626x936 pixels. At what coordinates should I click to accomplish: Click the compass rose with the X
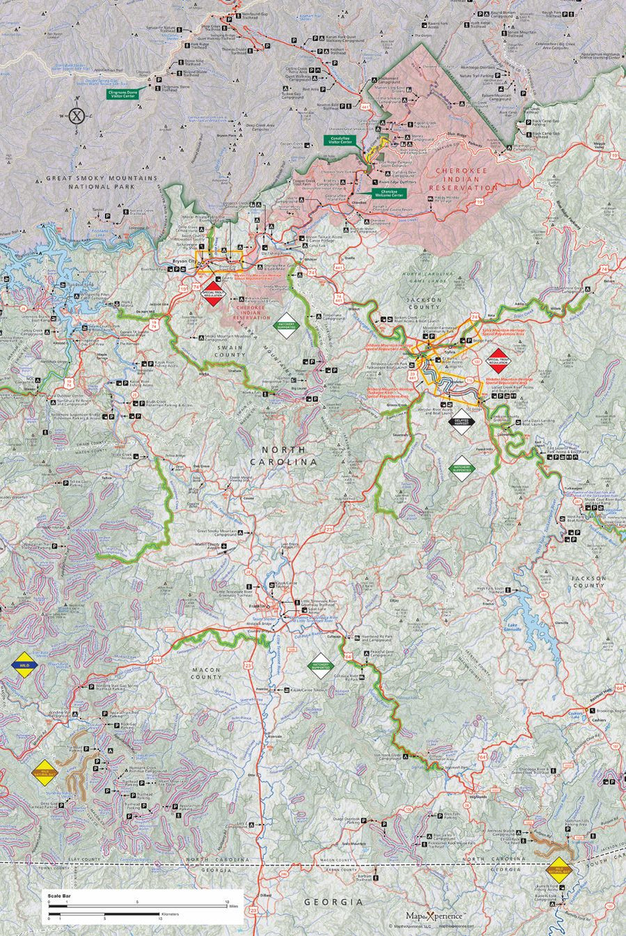pyautogui.click(x=77, y=116)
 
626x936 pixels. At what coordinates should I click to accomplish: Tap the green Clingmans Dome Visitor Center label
pyautogui.click(x=123, y=93)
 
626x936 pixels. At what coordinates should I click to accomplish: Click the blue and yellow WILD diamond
pyautogui.click(x=24, y=665)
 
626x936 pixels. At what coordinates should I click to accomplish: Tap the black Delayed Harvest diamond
pyautogui.click(x=463, y=421)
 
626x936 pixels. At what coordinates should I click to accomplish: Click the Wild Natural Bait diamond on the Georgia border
pyautogui.click(x=559, y=869)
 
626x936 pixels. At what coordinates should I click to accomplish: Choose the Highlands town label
pyautogui.click(x=477, y=796)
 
